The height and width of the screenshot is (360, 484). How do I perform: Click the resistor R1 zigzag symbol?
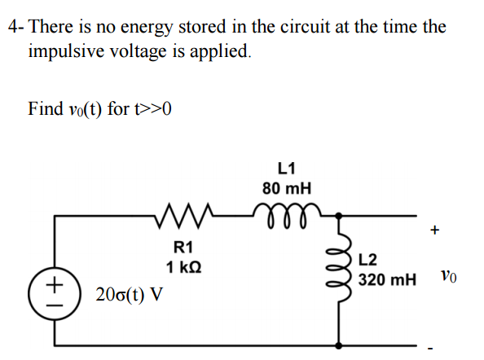click(x=187, y=217)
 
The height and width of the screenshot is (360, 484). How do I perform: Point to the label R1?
click(x=183, y=247)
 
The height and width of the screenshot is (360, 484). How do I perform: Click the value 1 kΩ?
click(x=183, y=266)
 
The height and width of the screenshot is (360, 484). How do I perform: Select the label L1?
click(x=286, y=169)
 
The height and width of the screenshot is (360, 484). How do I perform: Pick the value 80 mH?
click(x=286, y=188)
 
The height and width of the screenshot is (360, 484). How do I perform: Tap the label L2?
click(x=369, y=261)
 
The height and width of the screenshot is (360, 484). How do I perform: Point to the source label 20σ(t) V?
click(x=129, y=293)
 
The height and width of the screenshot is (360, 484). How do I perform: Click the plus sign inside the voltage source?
click(x=55, y=284)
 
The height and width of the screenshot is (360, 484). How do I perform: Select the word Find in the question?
click(x=45, y=108)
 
